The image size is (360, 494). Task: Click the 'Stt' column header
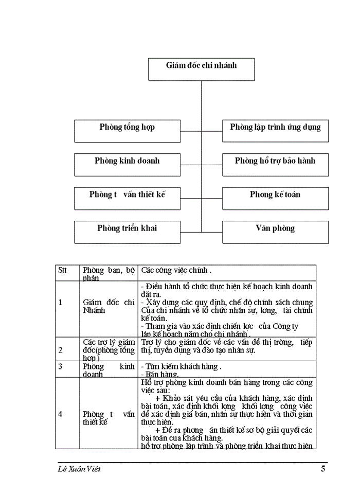(x=63, y=270)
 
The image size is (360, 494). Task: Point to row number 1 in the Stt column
(x=60, y=303)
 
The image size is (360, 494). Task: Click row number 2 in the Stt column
(x=60, y=350)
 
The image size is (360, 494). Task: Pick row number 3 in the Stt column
(x=60, y=367)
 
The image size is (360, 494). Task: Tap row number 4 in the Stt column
(x=60, y=414)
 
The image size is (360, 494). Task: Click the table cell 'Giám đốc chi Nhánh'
(x=109, y=307)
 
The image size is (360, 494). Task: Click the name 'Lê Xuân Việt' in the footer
(x=80, y=469)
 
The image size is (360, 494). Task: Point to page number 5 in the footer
(x=323, y=469)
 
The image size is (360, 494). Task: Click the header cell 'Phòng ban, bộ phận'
(x=109, y=274)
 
